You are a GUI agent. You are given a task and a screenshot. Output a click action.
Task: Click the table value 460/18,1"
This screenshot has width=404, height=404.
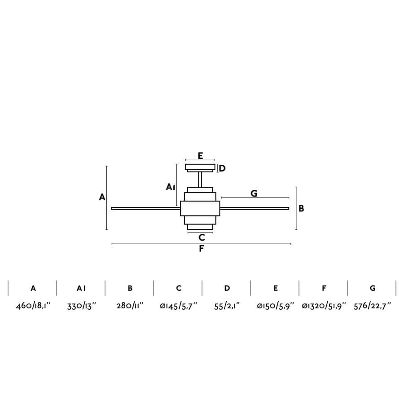(x=33, y=306)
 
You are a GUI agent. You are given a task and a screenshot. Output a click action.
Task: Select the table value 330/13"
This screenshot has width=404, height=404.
(x=81, y=306)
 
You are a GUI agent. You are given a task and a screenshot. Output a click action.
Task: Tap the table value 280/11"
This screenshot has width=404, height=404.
(x=130, y=306)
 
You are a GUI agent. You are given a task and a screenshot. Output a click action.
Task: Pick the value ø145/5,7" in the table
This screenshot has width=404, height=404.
(x=178, y=306)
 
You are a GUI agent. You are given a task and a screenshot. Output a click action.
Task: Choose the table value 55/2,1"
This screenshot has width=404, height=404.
(x=227, y=306)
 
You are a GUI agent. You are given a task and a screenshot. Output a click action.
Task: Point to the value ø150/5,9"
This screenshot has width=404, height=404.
(x=276, y=306)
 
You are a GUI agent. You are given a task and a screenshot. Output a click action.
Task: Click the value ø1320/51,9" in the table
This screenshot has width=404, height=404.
(x=324, y=306)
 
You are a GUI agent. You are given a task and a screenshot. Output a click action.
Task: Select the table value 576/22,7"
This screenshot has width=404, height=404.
(x=372, y=306)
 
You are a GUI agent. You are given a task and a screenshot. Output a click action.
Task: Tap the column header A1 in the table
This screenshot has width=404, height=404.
(x=81, y=288)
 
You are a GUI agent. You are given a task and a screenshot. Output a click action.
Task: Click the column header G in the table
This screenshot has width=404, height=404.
(x=373, y=288)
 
